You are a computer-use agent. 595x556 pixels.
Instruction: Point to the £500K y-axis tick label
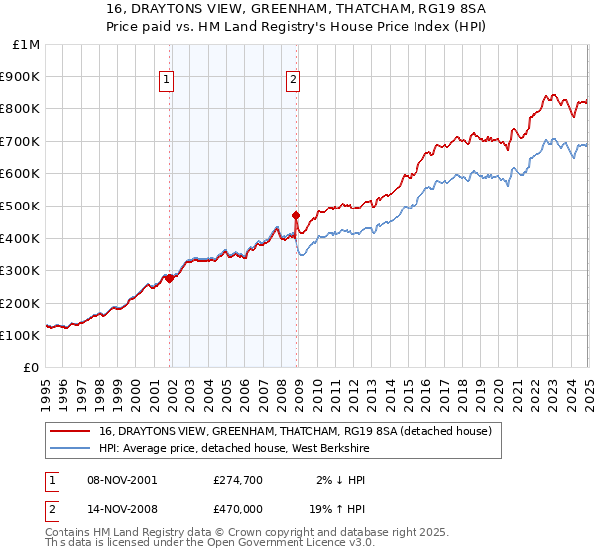pyautogui.click(x=21, y=206)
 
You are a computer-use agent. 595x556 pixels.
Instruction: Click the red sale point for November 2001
pyautogui.click(x=169, y=279)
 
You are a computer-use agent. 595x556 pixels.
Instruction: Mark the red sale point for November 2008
pyautogui.click(x=296, y=215)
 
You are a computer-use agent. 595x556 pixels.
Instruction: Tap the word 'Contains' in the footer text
pyautogui.click(x=69, y=533)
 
